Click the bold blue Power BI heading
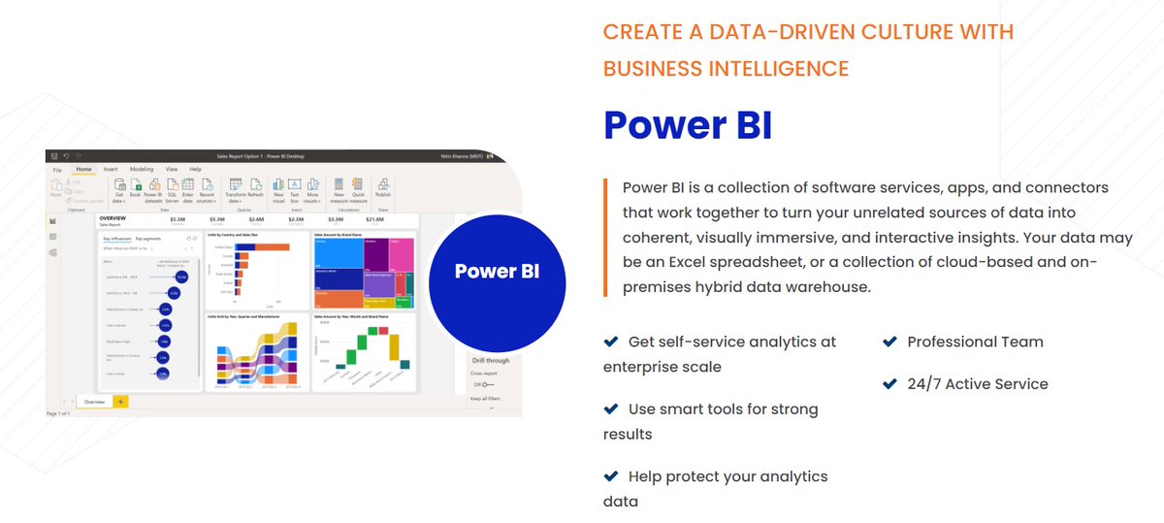[687, 126]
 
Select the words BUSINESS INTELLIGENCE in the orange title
[726, 69]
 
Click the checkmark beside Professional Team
[889, 342]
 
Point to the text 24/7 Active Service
[977, 383]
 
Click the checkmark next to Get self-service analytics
[611, 342]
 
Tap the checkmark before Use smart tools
[611, 409]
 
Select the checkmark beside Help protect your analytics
[611, 475]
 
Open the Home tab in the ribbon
[83, 169]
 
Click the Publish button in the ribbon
[383, 188]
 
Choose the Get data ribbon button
[118, 188]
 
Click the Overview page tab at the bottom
[94, 401]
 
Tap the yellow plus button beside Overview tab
[120, 401]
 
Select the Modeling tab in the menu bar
[141, 169]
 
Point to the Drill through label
[484, 361]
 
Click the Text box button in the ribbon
[295, 188]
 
